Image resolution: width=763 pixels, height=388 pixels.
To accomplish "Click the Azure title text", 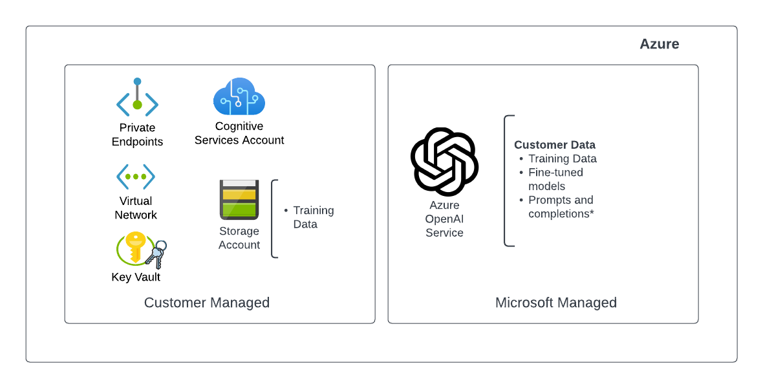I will pos(659,44).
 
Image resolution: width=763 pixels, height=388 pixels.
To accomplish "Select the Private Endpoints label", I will pos(137,135).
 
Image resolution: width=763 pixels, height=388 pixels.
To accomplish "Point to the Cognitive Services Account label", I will pos(239,133).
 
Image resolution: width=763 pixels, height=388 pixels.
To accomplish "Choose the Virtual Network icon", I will pos(136,176).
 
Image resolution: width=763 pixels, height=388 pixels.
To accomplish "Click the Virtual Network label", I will pos(136,208).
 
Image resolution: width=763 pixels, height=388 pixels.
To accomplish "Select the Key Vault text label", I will pos(136,277).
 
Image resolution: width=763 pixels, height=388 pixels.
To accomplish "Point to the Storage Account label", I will pos(239,238).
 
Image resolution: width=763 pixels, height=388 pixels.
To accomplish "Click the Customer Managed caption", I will pos(207,303).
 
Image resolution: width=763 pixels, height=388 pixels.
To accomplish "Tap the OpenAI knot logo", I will pos(444,162).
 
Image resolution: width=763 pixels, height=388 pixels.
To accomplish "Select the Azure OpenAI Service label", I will pos(444,219).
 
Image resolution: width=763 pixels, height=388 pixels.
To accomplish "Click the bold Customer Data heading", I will pos(555,145).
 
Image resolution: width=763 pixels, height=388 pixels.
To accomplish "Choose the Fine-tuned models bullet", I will pos(555,179).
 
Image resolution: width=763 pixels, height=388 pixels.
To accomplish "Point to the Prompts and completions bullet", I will pos(561,207).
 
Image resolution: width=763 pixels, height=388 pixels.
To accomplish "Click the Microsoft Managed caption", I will pos(556,303).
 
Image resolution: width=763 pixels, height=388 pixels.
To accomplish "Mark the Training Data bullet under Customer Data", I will pos(562,158).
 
